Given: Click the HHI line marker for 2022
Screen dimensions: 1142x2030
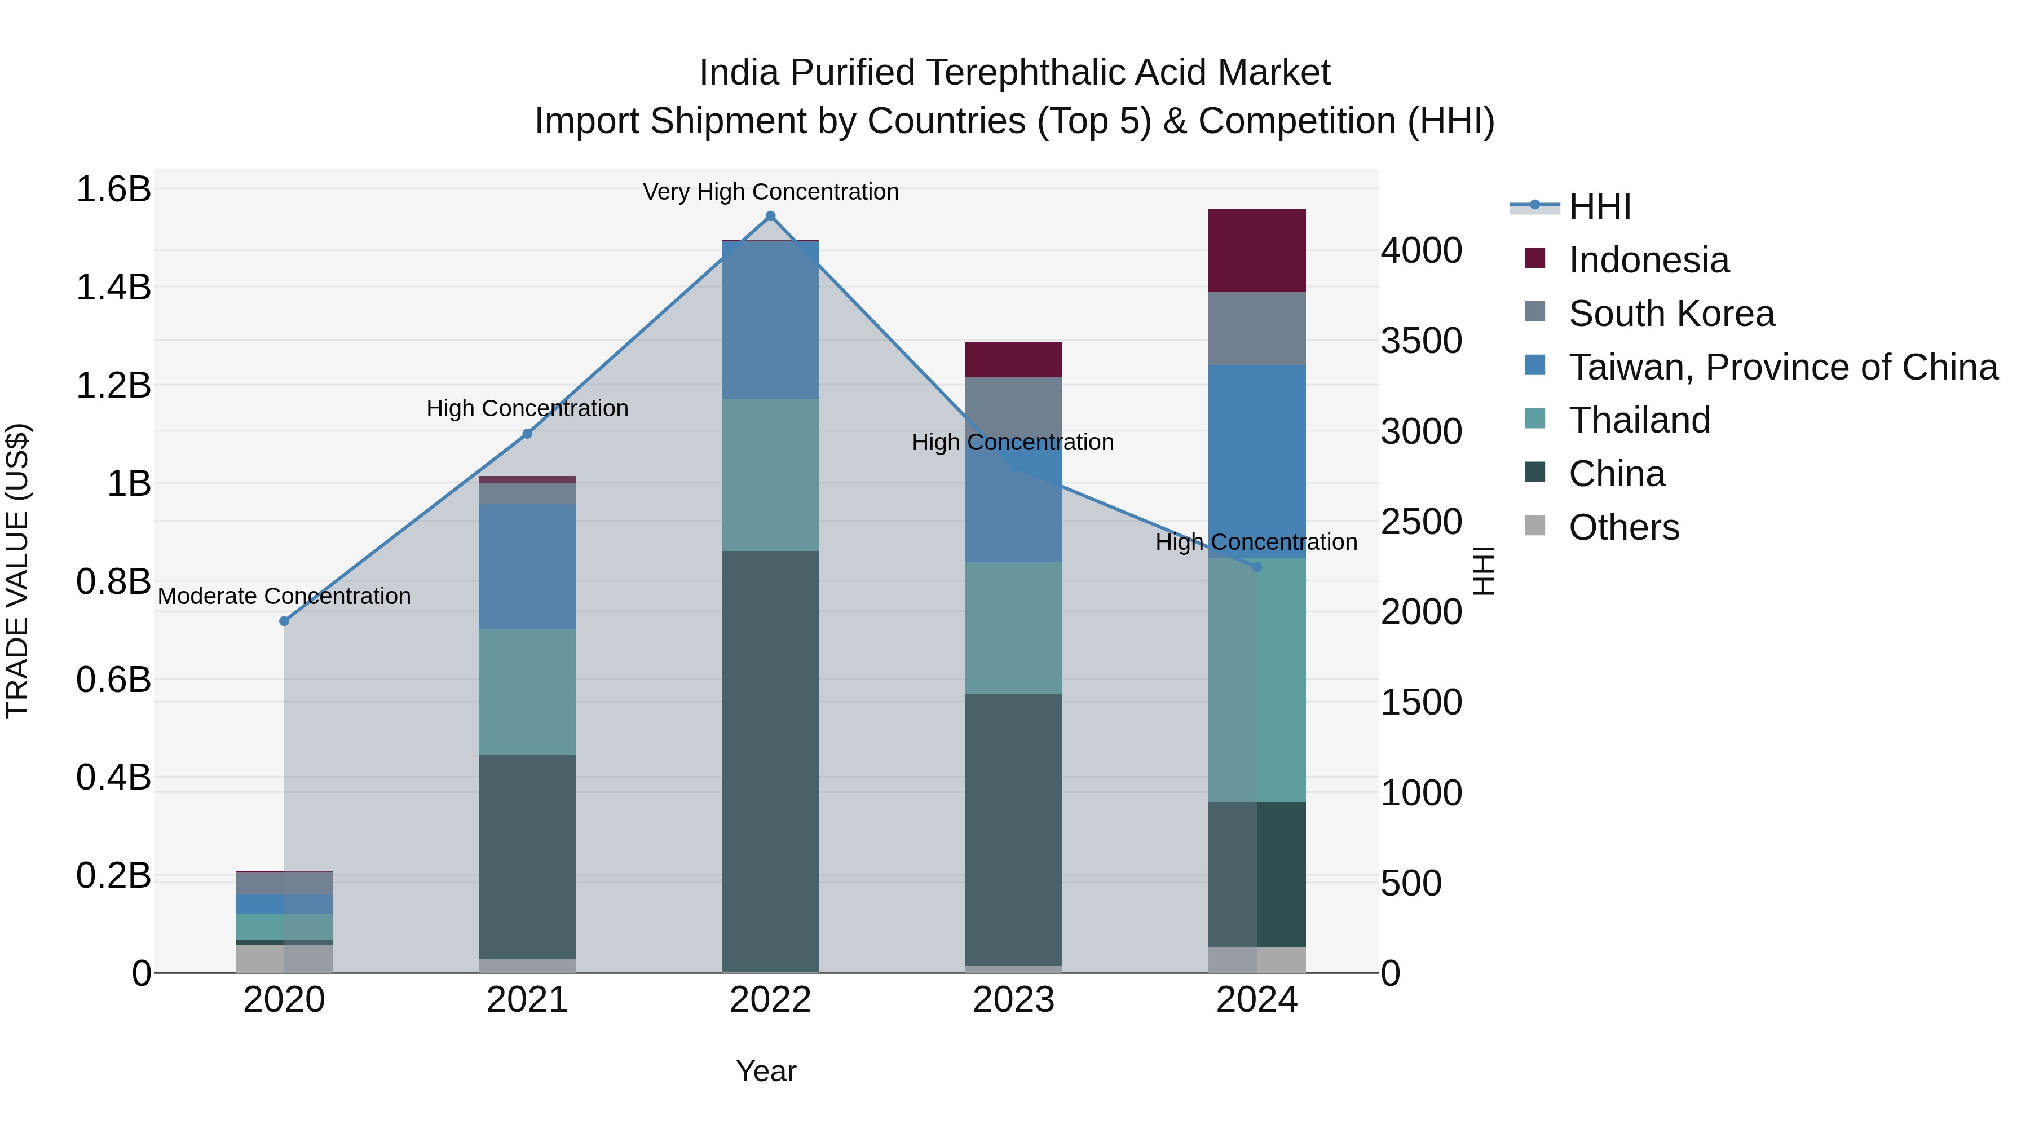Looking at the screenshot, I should [771, 216].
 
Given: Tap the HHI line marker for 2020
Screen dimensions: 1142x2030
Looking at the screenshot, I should [285, 621].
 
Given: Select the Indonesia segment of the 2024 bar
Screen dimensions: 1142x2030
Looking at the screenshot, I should [1257, 250].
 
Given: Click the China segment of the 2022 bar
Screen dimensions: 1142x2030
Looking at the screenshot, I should [771, 761].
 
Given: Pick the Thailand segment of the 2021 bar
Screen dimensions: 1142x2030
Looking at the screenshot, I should [527, 692].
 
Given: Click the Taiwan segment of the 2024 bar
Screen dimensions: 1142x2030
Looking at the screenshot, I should [1257, 461].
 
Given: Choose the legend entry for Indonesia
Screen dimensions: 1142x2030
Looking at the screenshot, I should [1649, 260].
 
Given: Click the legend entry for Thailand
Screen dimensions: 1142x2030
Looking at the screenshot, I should [1639, 420].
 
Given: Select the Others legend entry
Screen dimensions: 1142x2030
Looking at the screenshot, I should [1623, 527].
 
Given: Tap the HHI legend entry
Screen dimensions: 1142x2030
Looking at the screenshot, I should [1599, 206].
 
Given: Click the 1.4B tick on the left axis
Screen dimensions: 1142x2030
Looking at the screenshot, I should [113, 287].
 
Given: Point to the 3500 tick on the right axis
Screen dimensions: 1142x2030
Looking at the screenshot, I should [1421, 341].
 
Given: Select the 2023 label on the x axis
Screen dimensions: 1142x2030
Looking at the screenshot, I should [1013, 1000].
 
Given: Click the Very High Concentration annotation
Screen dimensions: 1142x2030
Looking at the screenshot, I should [771, 192].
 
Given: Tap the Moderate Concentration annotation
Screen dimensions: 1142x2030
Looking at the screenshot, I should [285, 596].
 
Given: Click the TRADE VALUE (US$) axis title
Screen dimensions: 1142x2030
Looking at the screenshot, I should [17, 571].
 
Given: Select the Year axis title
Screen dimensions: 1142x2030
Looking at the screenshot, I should [766, 1071].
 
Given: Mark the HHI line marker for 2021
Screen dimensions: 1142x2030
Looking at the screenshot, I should [527, 434].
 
